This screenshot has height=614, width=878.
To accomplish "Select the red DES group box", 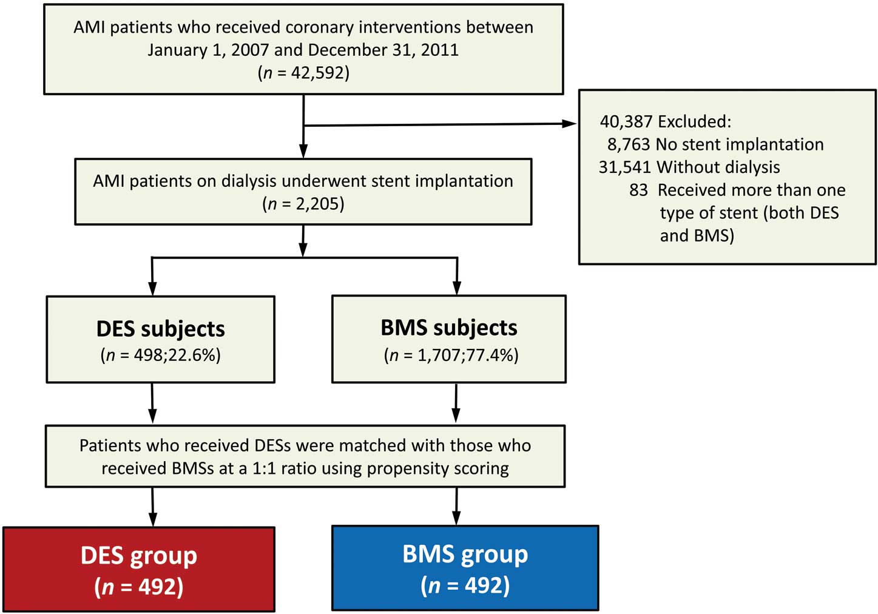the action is [x=139, y=569].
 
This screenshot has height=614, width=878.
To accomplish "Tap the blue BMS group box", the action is [x=465, y=568].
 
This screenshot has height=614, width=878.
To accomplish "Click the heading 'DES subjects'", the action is [x=161, y=329].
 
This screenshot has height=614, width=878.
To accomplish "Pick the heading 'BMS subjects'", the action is [x=449, y=328].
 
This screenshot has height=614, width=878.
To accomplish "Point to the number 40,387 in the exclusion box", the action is [x=626, y=122].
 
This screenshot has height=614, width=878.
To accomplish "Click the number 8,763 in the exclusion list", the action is [x=629, y=144].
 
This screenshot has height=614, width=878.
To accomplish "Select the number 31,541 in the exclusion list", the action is [x=625, y=167].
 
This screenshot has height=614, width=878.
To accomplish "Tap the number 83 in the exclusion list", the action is [x=638, y=190].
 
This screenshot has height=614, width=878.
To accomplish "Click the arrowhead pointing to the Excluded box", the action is [x=569, y=124].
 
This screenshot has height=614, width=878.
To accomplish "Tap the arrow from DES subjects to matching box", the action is [x=152, y=403].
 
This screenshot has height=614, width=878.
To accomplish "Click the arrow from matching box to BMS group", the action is [x=456, y=506].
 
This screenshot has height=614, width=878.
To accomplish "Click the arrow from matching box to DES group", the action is [x=153, y=507].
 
